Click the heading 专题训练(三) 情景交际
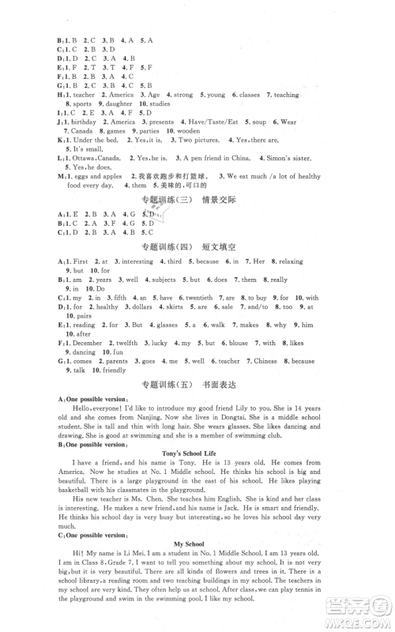(198, 201)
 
